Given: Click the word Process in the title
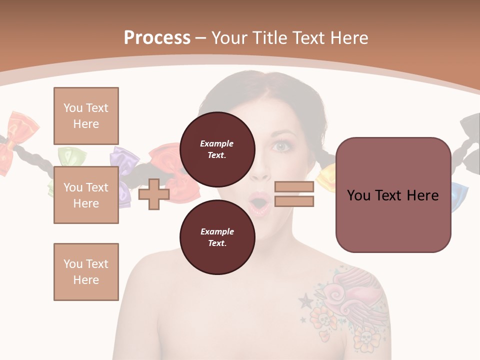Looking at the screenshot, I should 157,38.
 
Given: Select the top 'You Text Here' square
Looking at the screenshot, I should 86,116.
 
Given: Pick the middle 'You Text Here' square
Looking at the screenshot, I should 86,195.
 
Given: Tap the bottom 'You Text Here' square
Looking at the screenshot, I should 86,272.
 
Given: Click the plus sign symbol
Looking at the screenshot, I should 153,194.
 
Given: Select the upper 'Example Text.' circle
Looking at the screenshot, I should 217,149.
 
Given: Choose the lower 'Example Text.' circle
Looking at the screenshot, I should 217,237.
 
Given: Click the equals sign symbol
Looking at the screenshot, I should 294,194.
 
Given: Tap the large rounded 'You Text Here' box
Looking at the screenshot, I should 393,195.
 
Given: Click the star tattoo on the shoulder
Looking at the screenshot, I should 304,300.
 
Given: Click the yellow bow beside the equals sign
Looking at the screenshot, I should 327,176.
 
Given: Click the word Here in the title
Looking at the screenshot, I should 348,38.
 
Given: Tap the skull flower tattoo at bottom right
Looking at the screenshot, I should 364,341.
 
